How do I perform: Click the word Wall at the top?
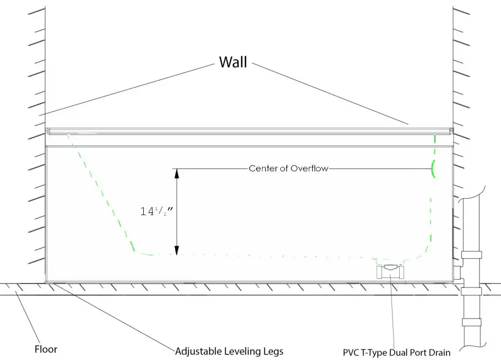[x=233, y=61]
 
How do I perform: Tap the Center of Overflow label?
[x=288, y=168]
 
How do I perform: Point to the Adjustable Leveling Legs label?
[x=229, y=351]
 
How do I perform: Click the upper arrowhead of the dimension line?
[x=177, y=173]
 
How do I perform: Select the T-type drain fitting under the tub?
[x=390, y=271]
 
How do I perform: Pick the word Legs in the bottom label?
[x=273, y=351]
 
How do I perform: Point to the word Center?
[x=262, y=168]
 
